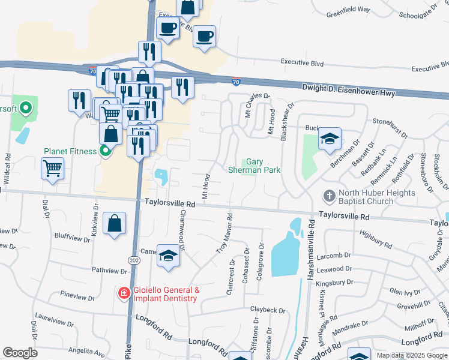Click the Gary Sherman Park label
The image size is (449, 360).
255,166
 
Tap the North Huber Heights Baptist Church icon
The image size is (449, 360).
328,196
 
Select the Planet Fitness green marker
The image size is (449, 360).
106,151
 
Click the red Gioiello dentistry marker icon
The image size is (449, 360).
124,293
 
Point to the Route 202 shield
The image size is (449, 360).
133,259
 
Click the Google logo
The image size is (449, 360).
20,353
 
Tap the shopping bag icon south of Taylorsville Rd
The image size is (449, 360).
114,224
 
